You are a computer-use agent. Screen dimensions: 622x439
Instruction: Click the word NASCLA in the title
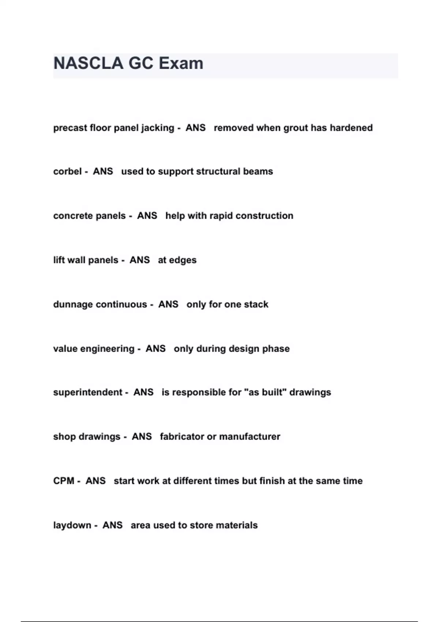pos(88,63)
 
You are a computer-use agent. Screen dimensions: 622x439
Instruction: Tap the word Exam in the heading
pos(181,63)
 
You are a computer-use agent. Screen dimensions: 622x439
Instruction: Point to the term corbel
pos(67,172)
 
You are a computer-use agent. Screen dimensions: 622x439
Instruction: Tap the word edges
pos(183,261)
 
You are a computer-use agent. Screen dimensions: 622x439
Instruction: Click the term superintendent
pos(87,392)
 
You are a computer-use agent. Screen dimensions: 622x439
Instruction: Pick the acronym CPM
pos(64,481)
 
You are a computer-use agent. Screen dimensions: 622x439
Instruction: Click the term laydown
pos(72,525)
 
